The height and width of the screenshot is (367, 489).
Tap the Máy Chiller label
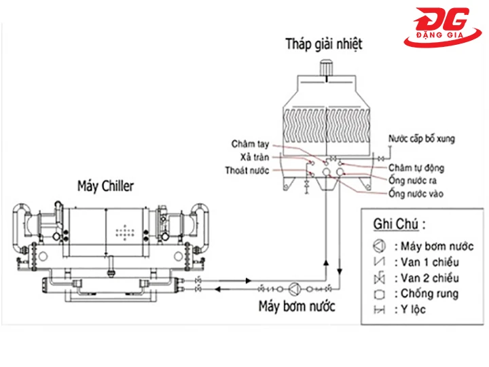[105, 186]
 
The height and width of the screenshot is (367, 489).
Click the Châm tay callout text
[251, 144]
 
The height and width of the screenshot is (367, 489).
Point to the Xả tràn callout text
[256, 157]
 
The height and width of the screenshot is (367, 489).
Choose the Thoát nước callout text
[247, 171]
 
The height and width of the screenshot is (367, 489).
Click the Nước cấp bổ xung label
[421, 139]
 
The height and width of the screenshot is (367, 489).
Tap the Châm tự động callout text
[416, 167]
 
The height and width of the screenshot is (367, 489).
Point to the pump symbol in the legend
[379, 246]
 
